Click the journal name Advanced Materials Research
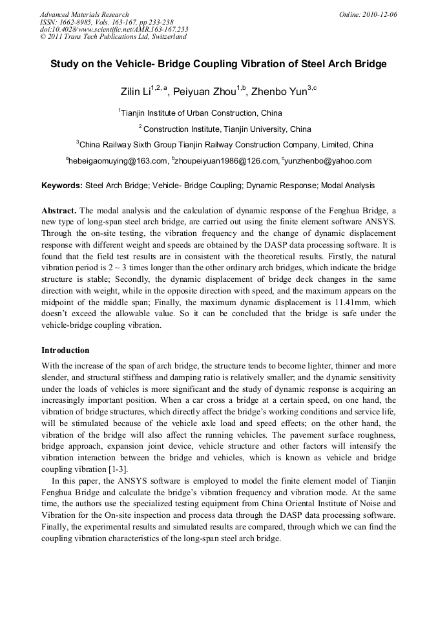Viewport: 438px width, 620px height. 85,14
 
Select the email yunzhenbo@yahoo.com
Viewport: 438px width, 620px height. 329,161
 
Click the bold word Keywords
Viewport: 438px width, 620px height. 62,186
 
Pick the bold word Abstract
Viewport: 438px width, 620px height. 59,211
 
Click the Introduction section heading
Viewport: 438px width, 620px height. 65,350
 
